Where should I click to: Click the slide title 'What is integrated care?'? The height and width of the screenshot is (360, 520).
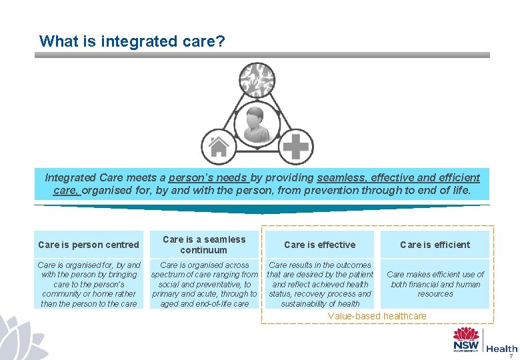pos(132,41)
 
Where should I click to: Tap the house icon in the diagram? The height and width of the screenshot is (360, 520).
pos(219,145)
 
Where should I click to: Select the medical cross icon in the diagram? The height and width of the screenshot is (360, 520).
pos(295,145)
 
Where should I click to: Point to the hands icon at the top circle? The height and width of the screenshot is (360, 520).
pos(257,79)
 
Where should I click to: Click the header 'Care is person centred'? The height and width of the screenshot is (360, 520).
pos(89,245)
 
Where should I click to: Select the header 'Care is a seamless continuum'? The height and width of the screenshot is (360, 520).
pos(204,245)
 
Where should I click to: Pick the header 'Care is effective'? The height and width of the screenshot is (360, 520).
pos(319,245)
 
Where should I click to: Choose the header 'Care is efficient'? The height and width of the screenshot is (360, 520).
pos(435,245)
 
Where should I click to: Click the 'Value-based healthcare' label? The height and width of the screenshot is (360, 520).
pos(377,315)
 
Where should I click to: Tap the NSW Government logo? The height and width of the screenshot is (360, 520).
pos(466,340)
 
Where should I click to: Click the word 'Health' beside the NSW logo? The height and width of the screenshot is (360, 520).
pos(502,348)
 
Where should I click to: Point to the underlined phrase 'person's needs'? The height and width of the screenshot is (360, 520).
pos(209,178)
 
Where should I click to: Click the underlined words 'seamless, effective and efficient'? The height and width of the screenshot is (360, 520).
pos(398,178)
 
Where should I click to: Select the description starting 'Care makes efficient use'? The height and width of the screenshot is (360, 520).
pos(435,284)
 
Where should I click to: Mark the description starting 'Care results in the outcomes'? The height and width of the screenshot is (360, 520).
pos(319,284)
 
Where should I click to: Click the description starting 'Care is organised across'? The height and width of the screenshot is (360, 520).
pos(204,284)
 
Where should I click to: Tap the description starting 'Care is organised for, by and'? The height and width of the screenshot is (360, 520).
pos(89,284)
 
